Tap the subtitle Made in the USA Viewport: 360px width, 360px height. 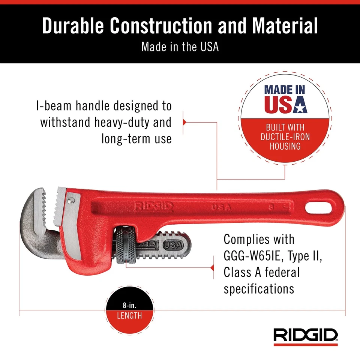coord(180,47)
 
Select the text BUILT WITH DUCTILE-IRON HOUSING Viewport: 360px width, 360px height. coord(285,136)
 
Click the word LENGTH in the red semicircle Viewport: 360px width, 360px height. coord(129,316)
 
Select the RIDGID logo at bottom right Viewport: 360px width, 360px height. coord(306,334)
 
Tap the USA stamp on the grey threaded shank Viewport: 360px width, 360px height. coord(172,245)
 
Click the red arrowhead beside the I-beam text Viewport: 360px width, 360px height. coord(184,122)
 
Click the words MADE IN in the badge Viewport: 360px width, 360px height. coord(285,90)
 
